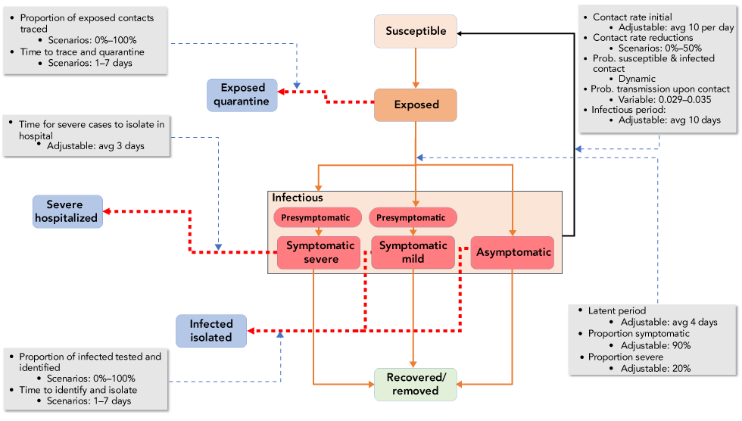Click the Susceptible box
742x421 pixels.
tap(416, 32)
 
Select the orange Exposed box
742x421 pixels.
tap(416, 104)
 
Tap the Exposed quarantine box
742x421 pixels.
tap(242, 95)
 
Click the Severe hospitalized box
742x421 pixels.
tap(67, 211)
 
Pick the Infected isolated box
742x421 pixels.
tap(210, 331)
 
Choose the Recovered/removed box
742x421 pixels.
tap(416, 384)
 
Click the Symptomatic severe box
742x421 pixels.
tap(319, 252)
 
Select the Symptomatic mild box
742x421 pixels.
tap(413, 252)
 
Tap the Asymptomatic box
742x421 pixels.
tap(513, 252)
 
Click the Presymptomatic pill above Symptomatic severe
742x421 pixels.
tap(316, 217)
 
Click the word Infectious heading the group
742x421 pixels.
tap(297, 198)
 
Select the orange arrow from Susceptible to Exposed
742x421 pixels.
tap(415, 68)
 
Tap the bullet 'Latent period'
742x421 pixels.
tap(616, 310)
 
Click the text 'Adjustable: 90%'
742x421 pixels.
tap(655, 345)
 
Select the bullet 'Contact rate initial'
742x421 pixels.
tap(631, 17)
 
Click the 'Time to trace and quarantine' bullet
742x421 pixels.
tap(81, 51)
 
